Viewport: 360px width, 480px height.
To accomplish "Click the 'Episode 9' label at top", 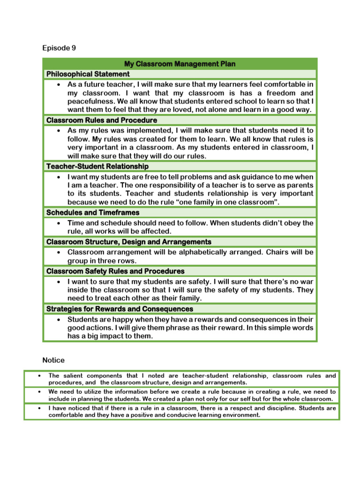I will click(59, 48).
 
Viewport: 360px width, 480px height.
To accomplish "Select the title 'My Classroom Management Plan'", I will click(180, 64).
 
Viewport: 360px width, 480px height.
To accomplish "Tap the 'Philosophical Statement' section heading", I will click(88, 74).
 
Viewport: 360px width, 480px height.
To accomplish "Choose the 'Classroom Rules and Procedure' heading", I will click(102, 120).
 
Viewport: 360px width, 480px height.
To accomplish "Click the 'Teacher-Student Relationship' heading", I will click(97, 166).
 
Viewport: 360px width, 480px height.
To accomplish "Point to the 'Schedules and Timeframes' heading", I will click(93, 212).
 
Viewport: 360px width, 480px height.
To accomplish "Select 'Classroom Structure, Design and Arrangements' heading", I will click(129, 242).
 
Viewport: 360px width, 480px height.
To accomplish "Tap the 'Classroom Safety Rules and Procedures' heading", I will click(115, 271).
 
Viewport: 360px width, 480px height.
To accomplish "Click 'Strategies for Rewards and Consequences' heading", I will click(120, 309).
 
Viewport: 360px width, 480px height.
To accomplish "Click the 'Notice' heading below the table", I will click(53, 360).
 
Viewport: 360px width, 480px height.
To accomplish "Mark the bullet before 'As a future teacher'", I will click(58, 85).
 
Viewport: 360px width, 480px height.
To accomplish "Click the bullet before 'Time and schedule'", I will click(58, 223).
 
